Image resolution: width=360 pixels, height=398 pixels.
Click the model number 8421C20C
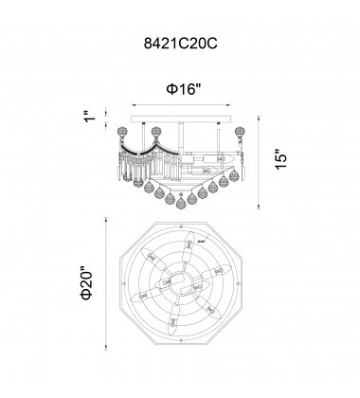point(180,44)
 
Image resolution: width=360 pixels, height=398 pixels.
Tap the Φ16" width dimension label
point(184,89)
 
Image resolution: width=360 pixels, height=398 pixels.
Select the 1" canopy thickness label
point(90,116)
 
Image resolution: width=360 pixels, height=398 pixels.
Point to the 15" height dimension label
point(280,159)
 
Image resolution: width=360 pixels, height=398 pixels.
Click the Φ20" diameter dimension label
point(86,284)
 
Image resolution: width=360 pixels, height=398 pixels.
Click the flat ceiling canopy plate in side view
point(181,118)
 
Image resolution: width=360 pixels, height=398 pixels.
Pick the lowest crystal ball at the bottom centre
point(181,202)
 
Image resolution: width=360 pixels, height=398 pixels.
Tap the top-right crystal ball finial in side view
point(240,132)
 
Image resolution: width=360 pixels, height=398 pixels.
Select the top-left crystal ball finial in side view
point(122,132)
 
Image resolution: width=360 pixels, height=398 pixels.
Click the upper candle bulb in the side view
point(219,157)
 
